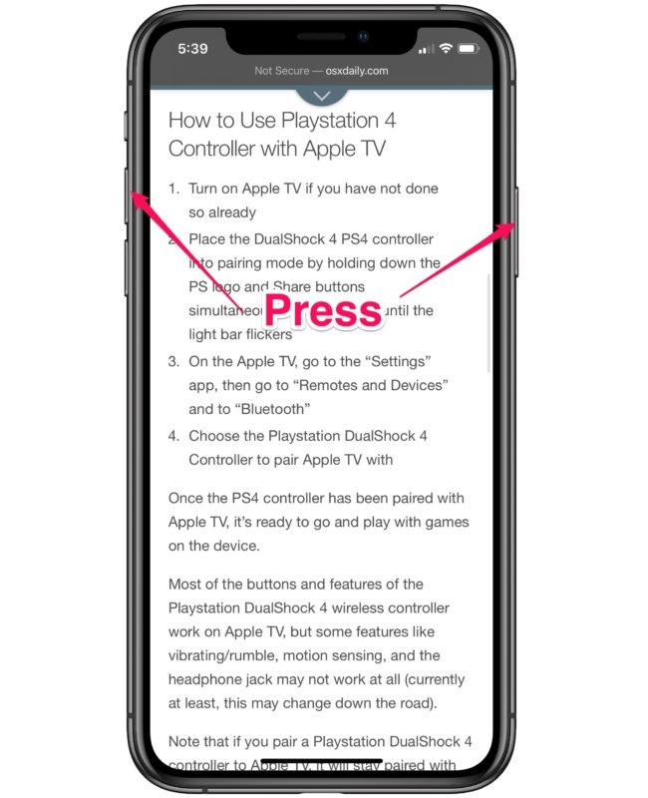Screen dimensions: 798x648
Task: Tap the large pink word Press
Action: (322, 310)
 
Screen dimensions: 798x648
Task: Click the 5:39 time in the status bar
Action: (193, 48)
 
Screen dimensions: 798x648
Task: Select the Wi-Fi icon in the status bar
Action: (445, 48)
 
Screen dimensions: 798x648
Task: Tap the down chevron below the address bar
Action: (322, 95)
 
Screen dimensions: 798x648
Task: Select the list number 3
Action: (173, 360)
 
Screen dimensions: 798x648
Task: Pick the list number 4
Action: (173, 436)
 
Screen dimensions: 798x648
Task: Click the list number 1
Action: (173, 188)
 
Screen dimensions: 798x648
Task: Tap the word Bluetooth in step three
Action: (278, 408)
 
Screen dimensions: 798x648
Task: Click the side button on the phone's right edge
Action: (516, 230)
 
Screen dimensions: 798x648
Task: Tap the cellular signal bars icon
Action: (426, 49)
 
